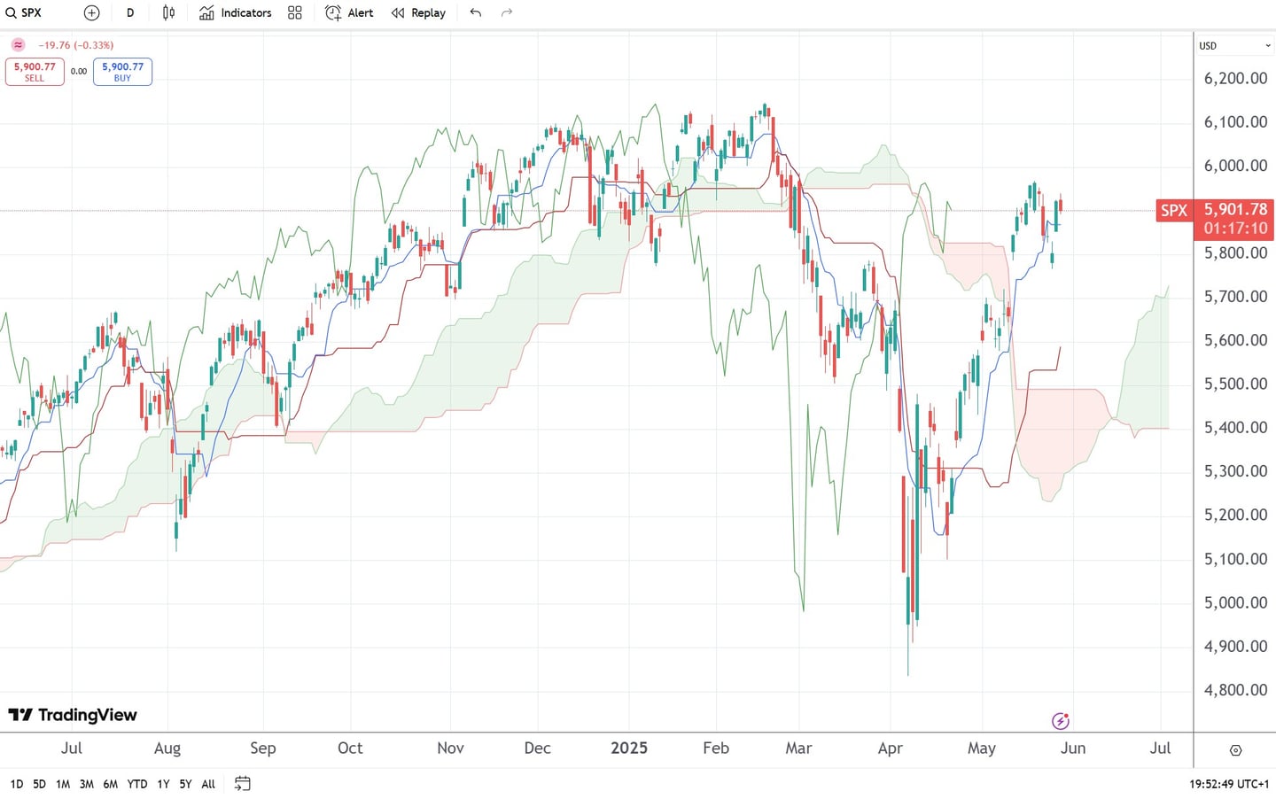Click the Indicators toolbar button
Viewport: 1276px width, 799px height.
pos(236,12)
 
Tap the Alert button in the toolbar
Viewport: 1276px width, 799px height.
pos(349,12)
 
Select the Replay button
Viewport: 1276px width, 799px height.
pos(418,12)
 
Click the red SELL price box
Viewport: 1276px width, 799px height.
pos(35,72)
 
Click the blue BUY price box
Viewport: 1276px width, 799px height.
pos(122,72)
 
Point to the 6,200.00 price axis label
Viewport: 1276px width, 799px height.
pos(1235,78)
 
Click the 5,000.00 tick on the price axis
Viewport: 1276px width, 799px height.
pos(1235,602)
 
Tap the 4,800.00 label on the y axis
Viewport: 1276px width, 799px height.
pos(1235,690)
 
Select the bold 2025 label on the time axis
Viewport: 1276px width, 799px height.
pos(629,748)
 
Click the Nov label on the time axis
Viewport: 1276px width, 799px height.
pos(450,748)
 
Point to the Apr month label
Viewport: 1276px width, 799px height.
pos(890,748)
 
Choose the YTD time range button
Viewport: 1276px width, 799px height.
pos(136,784)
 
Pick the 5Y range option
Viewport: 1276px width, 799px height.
pos(185,784)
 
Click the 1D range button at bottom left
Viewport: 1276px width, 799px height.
pos(16,784)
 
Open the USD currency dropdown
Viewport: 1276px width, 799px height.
pos(1234,45)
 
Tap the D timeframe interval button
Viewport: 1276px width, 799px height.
pos(130,12)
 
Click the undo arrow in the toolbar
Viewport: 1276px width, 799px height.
pos(476,12)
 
